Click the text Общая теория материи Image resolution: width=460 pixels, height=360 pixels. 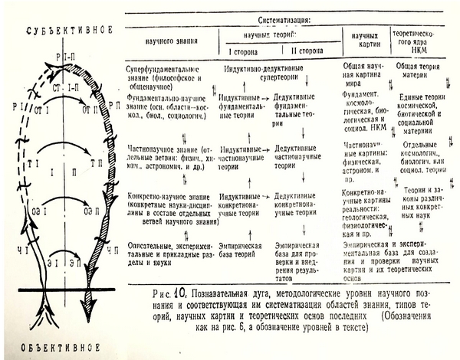[x=419, y=74]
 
